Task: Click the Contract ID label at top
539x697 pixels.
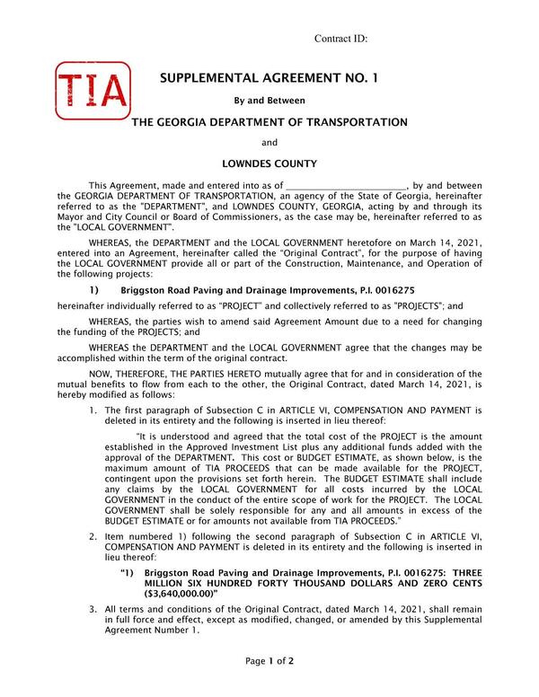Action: pos(341,39)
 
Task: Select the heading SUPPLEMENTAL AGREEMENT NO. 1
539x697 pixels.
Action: pos(269,78)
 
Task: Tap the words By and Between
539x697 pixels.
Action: pos(269,101)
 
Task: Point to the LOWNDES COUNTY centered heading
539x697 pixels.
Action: pos(269,164)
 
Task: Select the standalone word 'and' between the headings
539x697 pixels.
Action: pos(269,143)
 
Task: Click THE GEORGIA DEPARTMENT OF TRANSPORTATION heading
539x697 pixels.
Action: pos(269,122)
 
